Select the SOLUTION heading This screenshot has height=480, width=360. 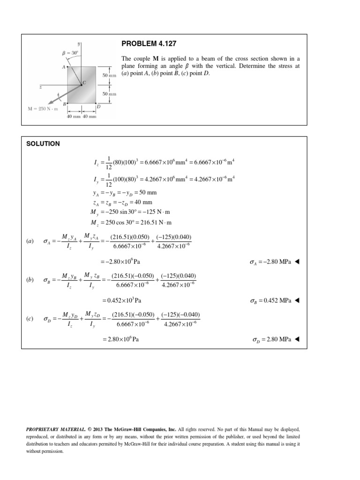coord(43,144)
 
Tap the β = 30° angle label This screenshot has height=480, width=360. coord(69,52)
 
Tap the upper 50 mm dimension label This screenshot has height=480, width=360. coord(109,75)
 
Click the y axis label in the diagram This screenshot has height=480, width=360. coord(79,44)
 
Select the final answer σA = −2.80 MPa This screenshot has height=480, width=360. coord(270,262)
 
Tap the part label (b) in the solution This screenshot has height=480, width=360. coord(30,280)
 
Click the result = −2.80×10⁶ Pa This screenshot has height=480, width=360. coord(120,262)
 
